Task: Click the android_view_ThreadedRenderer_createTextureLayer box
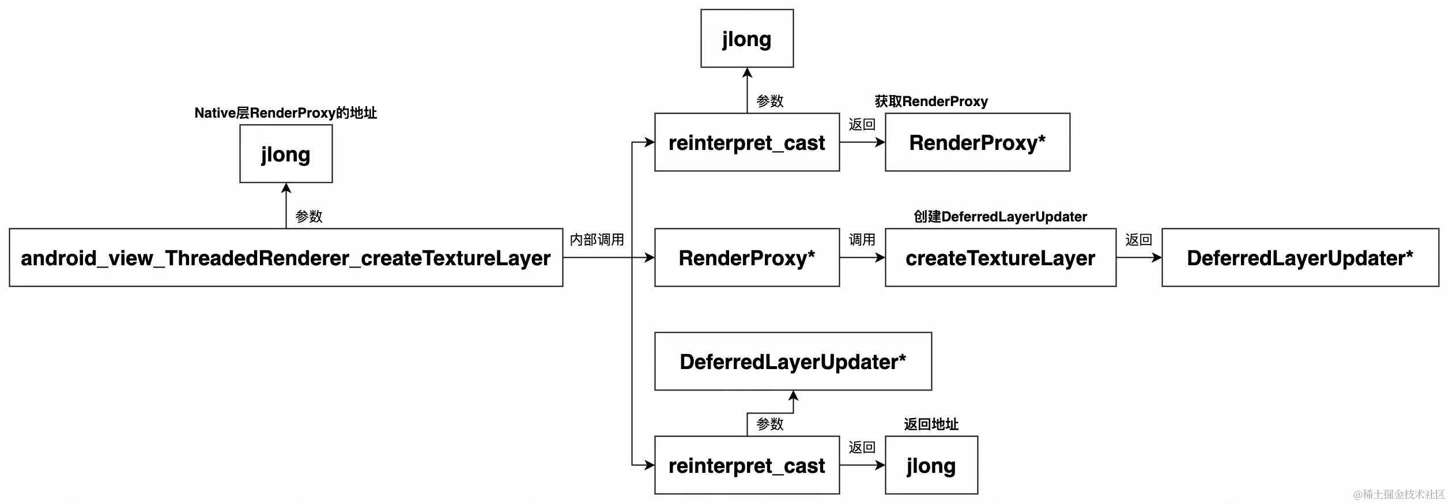pos(286,258)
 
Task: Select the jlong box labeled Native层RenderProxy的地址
pos(286,154)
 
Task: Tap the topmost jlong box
pos(747,39)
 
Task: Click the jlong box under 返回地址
pos(931,465)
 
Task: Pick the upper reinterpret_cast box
pos(747,142)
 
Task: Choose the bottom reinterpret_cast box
pos(747,465)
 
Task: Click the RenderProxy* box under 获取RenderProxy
pos(978,142)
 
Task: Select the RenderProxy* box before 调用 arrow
pos(747,258)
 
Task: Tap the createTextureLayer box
pos(1001,258)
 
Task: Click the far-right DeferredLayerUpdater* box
pos(1300,258)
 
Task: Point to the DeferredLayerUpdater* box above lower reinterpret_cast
pos(793,362)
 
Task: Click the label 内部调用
pos(597,240)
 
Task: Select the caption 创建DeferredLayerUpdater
pos(1001,217)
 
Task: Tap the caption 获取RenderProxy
pos(931,101)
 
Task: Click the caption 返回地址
pos(931,424)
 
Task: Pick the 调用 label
pos(862,240)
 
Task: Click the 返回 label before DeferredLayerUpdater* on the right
pos(1139,240)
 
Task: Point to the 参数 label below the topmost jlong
pos(770,101)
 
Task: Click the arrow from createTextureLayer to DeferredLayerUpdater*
pos(1139,258)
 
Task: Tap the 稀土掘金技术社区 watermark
pos(1399,495)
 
